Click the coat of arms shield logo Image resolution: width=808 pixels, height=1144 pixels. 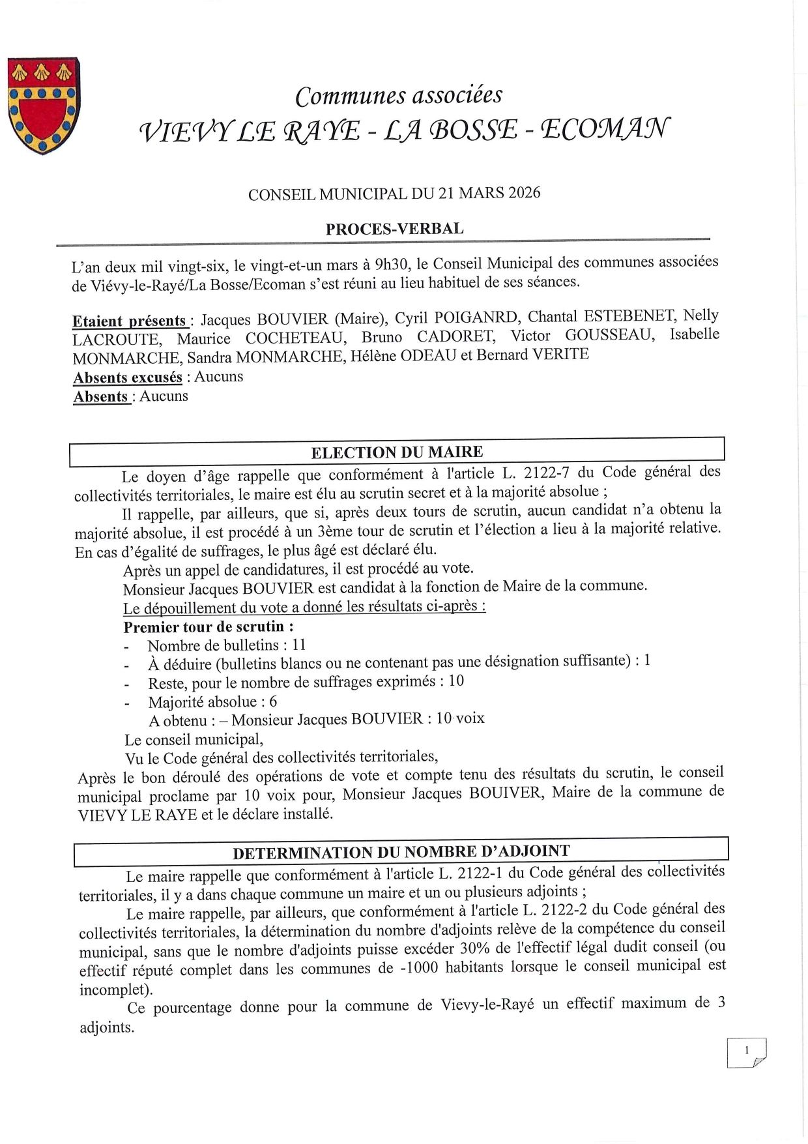click(x=43, y=106)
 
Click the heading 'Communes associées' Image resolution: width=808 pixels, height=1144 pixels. click(x=399, y=96)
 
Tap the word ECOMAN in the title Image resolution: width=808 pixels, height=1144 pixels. click(x=605, y=130)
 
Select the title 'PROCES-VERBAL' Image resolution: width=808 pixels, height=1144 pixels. click(x=395, y=229)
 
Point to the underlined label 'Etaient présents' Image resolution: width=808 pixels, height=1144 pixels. click(x=130, y=321)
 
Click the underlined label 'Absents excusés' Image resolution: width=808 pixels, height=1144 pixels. click(x=128, y=377)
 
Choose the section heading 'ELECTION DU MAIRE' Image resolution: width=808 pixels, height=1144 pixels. click(x=397, y=452)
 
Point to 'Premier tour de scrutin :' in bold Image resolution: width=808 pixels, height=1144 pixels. click(x=209, y=627)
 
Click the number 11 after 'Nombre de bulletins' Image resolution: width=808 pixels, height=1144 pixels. click(x=299, y=645)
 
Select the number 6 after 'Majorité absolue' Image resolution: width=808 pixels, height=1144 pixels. click(x=272, y=701)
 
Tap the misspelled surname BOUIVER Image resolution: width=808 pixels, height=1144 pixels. click(x=505, y=793)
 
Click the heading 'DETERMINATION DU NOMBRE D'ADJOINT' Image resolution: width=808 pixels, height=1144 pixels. click(x=401, y=852)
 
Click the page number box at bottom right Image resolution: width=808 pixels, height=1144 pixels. click(x=746, y=1052)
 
